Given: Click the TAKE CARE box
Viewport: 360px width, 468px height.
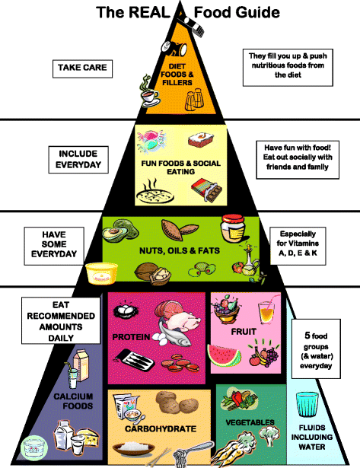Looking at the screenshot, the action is coord(82,69).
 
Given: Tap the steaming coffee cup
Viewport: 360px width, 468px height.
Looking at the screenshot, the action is coord(150,92).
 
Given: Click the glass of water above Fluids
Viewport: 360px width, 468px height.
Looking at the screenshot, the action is coord(307,404).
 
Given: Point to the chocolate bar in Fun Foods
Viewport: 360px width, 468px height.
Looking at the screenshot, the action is coord(206,190).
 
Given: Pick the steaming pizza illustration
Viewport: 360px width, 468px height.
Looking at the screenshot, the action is coord(155,193).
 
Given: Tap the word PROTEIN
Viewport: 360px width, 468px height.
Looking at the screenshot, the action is coord(131,337).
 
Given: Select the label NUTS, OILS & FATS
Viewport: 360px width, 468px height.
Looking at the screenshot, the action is coord(180,250).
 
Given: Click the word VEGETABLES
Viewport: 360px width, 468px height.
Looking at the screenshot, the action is coord(250,422).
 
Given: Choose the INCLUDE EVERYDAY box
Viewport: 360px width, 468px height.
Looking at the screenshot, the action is coord(78,160).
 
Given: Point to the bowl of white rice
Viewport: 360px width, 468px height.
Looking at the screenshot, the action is coord(134,447).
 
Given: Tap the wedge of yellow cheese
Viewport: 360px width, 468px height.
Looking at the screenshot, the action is coord(89,437).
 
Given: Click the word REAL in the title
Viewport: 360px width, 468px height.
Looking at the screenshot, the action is coord(149,12).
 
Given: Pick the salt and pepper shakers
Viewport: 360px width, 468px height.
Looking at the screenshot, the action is coord(194,99).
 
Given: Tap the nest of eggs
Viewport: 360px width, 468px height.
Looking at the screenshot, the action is coord(126,310).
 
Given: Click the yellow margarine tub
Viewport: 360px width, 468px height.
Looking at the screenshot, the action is coord(101,272).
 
